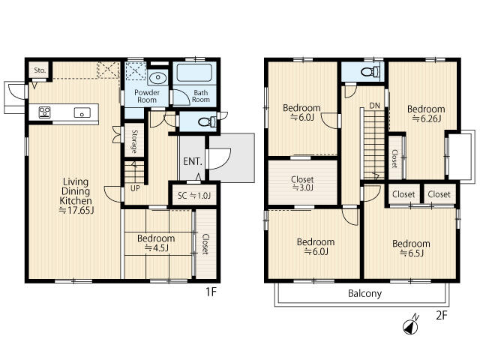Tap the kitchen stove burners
pyautogui.click(x=44, y=112)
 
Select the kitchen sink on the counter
pyautogui.click(x=82, y=112)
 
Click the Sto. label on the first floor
pyautogui.click(x=40, y=70)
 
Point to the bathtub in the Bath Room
pyautogui.click(x=194, y=73)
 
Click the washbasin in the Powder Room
pyautogui.click(x=158, y=77)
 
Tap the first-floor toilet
pyautogui.click(x=207, y=122)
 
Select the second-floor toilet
pyautogui.click(x=370, y=72)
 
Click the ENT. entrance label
pyautogui.click(x=193, y=161)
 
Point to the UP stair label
pyautogui.click(x=135, y=188)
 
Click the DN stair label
pyautogui.click(x=374, y=106)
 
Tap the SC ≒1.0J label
pyautogui.click(x=194, y=196)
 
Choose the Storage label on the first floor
pyautogui.click(x=134, y=142)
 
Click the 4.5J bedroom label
pyautogui.click(x=156, y=243)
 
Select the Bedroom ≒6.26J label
pyautogui.click(x=426, y=113)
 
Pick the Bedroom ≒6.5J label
pyautogui.click(x=411, y=248)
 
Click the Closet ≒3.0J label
pyautogui.click(x=302, y=183)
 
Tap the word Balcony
pyautogui.click(x=365, y=293)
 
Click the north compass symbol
pyautogui.click(x=411, y=325)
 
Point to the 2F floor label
pyautogui.click(x=442, y=315)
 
